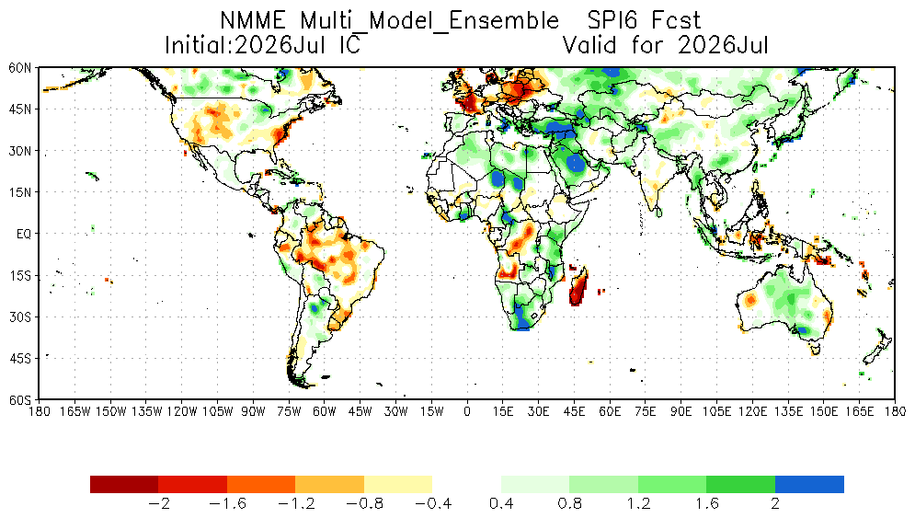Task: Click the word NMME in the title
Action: [253, 21]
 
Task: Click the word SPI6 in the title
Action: [610, 21]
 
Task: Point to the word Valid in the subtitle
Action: [589, 45]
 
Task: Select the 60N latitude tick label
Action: [20, 68]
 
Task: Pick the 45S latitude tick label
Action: [20, 358]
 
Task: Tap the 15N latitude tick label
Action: [20, 192]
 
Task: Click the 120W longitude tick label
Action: [181, 411]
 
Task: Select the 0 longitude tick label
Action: [467, 411]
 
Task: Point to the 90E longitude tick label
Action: [681, 411]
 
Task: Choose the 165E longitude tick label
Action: [860, 411]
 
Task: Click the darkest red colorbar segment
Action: [124, 485]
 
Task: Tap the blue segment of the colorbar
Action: [809, 485]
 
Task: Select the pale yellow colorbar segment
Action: [398, 485]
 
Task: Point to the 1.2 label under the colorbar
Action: [638, 503]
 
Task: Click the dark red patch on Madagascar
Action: [577, 290]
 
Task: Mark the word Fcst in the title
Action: [676, 21]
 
